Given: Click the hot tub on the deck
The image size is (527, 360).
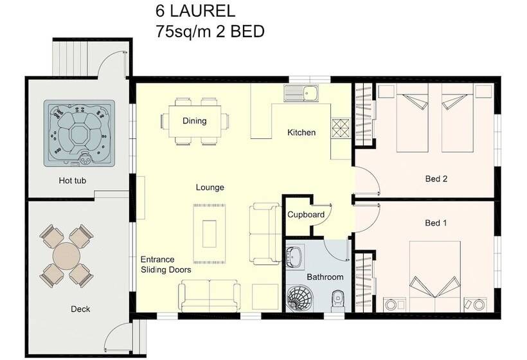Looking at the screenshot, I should (x=79, y=132).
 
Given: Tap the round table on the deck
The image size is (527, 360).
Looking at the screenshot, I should (x=65, y=255).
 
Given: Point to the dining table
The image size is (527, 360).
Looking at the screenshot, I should (x=195, y=121).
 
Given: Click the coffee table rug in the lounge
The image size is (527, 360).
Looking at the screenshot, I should (x=210, y=230).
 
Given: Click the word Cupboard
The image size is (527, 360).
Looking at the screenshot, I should (x=306, y=214).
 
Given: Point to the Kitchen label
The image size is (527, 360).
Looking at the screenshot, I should (x=301, y=133).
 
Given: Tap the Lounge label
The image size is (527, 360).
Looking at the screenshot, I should (x=210, y=188).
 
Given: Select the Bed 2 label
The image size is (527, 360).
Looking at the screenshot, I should (x=436, y=179).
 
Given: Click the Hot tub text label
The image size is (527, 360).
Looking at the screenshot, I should (x=73, y=181).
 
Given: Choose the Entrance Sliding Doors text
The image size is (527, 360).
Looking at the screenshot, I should (x=166, y=265).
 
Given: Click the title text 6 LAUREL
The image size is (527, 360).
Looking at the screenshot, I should (x=195, y=11).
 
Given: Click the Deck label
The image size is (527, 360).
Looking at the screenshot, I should (x=80, y=309).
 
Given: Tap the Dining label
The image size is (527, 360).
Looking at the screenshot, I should (x=195, y=121).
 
